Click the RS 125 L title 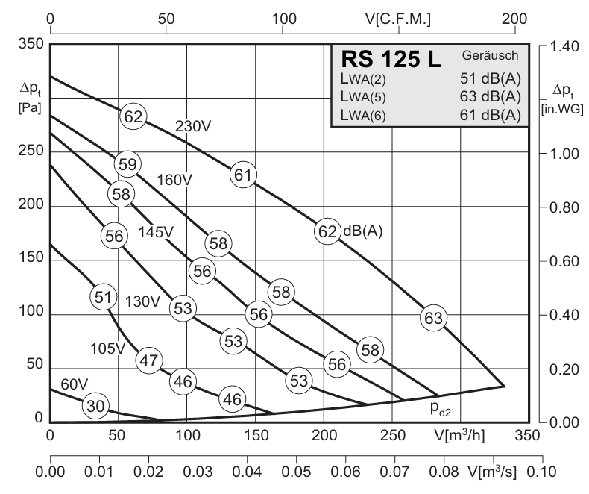pyautogui.click(x=391, y=59)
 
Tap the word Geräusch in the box pyautogui.click(x=490, y=55)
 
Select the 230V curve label pyautogui.click(x=193, y=126)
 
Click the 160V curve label pyautogui.click(x=174, y=180)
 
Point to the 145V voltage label pyautogui.click(x=156, y=232)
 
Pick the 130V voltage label pyautogui.click(x=142, y=301)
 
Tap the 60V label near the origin pyautogui.click(x=74, y=384)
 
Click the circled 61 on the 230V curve pyautogui.click(x=242, y=175)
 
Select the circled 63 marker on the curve pyautogui.click(x=433, y=318)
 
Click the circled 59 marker pyautogui.click(x=127, y=164)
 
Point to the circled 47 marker pyautogui.click(x=149, y=360)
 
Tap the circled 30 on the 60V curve pyautogui.click(x=95, y=407)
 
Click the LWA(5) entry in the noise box pyautogui.click(x=363, y=96)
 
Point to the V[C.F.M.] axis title pyautogui.click(x=398, y=17)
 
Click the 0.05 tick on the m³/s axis pyautogui.click(x=295, y=472)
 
